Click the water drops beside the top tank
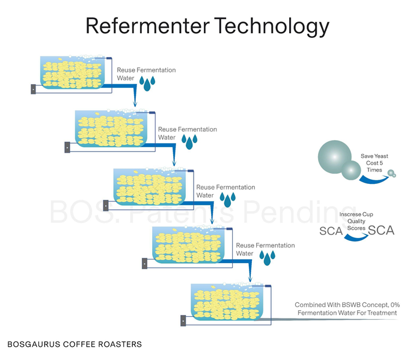[x=147, y=83]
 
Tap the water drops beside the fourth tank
[x=266, y=258]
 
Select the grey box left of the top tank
[x=34, y=89]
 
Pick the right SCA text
[x=381, y=230]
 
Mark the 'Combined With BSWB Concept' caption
[x=345, y=309]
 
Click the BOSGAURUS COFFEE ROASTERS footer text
[x=75, y=344]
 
